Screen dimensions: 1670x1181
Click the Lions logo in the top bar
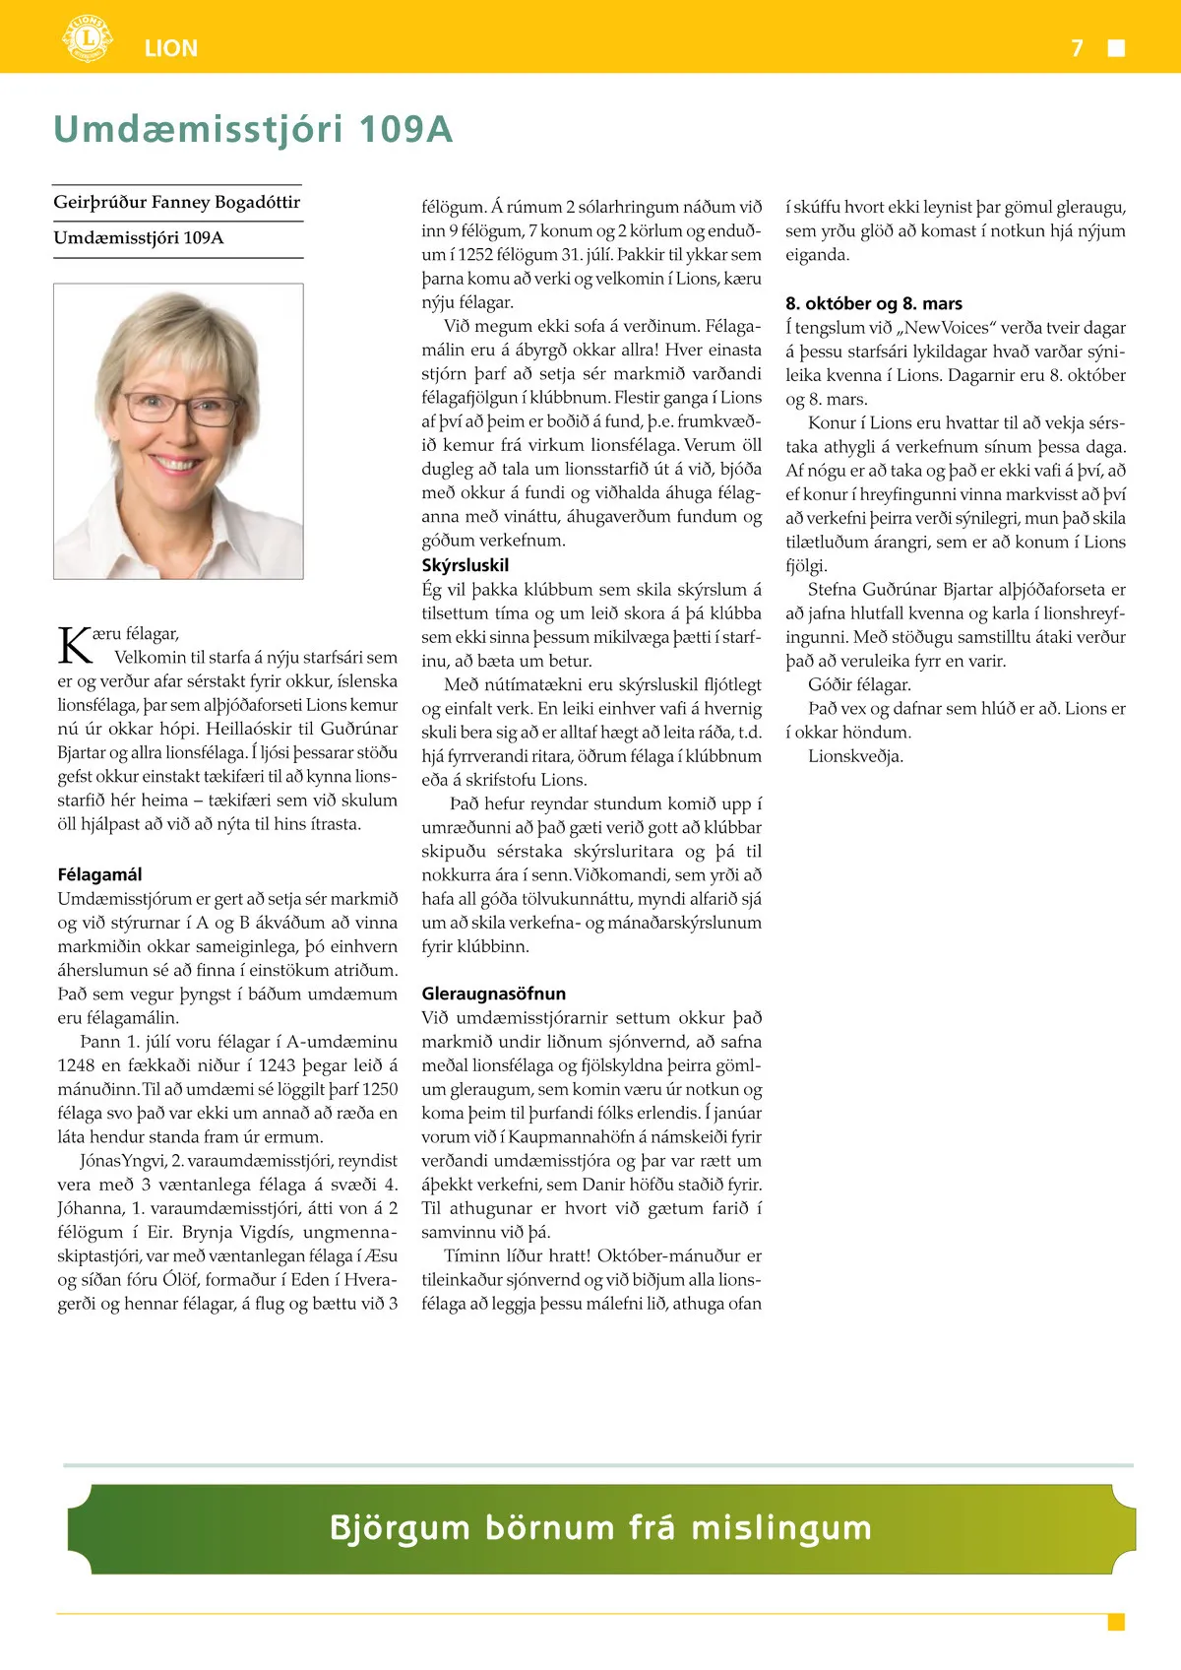click(x=88, y=39)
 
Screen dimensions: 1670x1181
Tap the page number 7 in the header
click(x=1077, y=48)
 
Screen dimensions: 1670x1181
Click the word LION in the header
click(x=170, y=48)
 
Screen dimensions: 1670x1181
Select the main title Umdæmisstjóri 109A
click(x=253, y=129)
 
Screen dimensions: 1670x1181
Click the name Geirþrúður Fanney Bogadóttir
click(x=177, y=202)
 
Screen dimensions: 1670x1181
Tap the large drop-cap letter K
click(x=75, y=645)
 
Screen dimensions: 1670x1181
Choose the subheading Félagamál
click(x=99, y=874)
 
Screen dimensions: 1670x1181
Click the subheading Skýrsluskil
click(x=466, y=565)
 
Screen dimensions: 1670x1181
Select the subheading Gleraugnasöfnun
click(x=494, y=994)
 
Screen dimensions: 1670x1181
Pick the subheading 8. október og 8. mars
click(x=874, y=303)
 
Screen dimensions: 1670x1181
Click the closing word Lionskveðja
click(x=855, y=756)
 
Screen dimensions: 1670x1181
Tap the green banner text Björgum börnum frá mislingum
click(x=600, y=1527)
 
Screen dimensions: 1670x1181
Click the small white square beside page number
click(x=1116, y=48)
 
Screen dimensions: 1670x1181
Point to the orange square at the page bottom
click(x=1116, y=1622)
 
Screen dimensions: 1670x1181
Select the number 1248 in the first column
click(x=77, y=1065)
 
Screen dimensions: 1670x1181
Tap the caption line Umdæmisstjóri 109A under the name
click(x=139, y=238)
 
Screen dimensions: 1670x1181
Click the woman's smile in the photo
click(x=177, y=463)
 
